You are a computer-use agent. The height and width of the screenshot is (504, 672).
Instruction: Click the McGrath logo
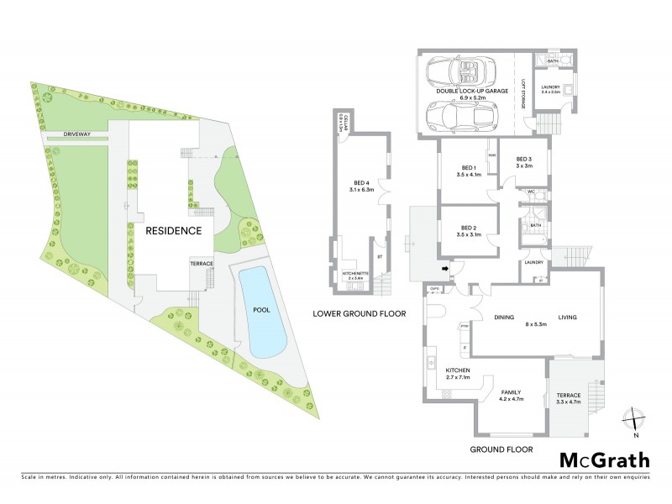pos(604,459)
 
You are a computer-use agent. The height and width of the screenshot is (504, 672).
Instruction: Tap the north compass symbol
pos(635,417)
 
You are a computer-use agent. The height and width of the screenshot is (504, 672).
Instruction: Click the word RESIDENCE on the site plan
pos(174,230)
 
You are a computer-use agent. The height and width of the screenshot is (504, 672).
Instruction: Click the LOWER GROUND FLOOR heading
pos(359,313)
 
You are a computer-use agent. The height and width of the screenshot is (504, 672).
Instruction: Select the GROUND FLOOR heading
pos(501,449)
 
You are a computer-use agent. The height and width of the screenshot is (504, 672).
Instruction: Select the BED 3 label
pos(524,160)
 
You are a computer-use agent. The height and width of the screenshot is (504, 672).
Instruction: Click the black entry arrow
pos(444,268)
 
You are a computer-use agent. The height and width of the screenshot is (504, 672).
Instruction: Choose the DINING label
pos(505,317)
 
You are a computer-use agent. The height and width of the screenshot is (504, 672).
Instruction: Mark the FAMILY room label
pos(512,392)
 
